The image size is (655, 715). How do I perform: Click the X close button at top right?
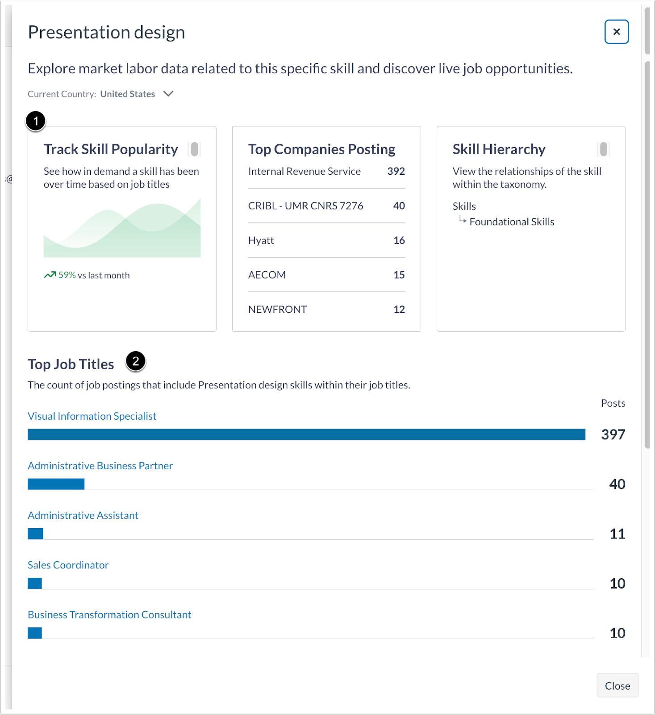click(617, 32)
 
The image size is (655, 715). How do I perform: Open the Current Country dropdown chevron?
click(168, 94)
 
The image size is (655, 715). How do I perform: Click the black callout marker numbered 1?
click(36, 121)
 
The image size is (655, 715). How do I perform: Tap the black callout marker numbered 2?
click(136, 361)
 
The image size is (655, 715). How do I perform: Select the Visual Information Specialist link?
click(92, 416)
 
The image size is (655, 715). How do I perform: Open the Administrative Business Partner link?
click(100, 466)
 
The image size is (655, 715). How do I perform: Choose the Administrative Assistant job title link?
click(83, 515)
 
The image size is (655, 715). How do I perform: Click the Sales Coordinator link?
click(68, 565)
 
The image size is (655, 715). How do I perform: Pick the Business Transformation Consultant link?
click(109, 614)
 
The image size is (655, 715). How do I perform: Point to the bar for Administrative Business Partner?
click(56, 484)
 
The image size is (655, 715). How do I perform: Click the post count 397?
click(613, 434)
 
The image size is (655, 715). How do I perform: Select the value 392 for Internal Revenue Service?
click(396, 171)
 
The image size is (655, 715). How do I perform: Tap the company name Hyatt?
click(261, 240)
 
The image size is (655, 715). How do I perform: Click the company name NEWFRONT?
click(277, 309)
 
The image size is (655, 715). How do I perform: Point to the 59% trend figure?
click(67, 275)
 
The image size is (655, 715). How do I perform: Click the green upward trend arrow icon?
click(50, 275)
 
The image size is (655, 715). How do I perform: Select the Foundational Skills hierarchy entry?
click(512, 222)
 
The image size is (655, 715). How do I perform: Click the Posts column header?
click(613, 403)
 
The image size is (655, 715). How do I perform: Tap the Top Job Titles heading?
click(71, 364)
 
